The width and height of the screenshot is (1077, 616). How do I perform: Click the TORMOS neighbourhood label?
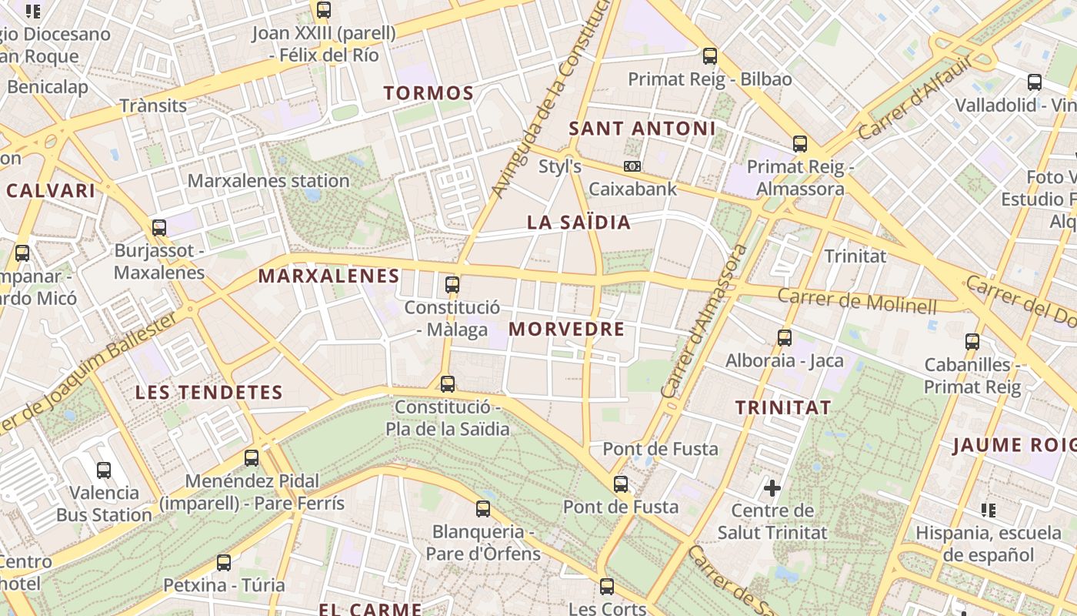pos(428,93)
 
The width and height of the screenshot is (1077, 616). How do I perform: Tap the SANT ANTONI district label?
pos(642,129)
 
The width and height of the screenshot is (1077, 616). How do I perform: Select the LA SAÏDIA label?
pos(579,223)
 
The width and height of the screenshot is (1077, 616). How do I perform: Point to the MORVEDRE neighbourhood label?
pos(566,330)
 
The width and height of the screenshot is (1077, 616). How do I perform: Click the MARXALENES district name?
pos(328,276)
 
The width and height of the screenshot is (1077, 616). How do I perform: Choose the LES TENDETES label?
pos(209,392)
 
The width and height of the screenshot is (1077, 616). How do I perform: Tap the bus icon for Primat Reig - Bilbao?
pos(709,56)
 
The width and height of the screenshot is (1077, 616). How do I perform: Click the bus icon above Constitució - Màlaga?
pos(452,284)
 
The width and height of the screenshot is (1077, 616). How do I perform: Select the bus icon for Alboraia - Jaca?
pos(784,337)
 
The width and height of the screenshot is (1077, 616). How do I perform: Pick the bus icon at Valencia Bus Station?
pos(104,470)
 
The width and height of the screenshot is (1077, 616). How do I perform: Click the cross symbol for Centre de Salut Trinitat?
pos(772,487)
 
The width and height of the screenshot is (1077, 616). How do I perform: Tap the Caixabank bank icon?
pos(632,166)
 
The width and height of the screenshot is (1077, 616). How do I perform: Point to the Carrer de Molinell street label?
pos(857,300)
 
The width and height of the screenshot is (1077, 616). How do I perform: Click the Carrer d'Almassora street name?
pos(703,321)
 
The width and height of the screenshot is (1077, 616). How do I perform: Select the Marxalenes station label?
pos(268,181)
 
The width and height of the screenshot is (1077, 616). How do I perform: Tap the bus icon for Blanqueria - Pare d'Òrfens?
pos(482,508)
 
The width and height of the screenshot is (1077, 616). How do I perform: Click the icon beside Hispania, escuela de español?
pos(989,510)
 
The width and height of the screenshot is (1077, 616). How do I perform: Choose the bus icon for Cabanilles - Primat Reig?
pos(972,341)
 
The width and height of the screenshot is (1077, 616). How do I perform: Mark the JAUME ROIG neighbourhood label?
pos(1014,445)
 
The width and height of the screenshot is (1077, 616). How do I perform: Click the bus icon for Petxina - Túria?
pos(224,562)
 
